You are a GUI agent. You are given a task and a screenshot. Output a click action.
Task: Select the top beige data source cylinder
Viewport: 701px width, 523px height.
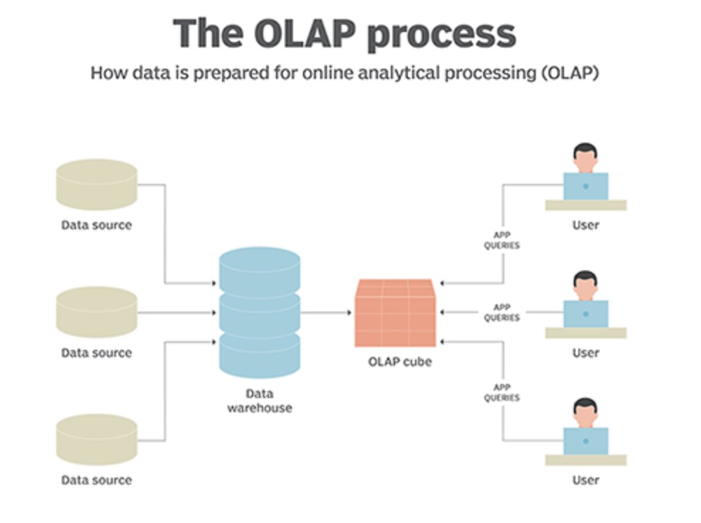pyautogui.click(x=96, y=185)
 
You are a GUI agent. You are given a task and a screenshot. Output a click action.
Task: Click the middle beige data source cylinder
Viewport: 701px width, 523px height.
pyautogui.click(x=96, y=312)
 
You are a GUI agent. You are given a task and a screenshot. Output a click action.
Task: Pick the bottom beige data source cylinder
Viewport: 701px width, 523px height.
pyautogui.click(x=96, y=440)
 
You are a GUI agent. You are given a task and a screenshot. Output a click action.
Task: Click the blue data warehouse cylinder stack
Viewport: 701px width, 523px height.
pyautogui.click(x=260, y=312)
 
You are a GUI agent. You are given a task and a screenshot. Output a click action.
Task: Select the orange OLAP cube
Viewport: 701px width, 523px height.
pyautogui.click(x=395, y=312)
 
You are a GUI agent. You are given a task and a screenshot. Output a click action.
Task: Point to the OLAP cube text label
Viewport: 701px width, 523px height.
pyautogui.click(x=399, y=361)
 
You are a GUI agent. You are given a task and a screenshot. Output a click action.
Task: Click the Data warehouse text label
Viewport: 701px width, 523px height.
pyautogui.click(x=259, y=401)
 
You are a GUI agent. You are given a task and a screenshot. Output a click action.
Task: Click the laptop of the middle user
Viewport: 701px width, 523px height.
pyautogui.click(x=585, y=314)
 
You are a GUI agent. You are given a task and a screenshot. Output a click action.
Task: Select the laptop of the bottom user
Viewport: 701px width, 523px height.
pyautogui.click(x=585, y=441)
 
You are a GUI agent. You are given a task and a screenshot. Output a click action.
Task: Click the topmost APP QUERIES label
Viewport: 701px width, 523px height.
pyautogui.click(x=502, y=241)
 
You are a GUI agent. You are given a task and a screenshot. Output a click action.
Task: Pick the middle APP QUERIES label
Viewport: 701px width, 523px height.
pyautogui.click(x=502, y=313)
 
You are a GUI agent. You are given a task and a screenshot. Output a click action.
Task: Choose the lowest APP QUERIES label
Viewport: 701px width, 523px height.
pyautogui.click(x=502, y=393)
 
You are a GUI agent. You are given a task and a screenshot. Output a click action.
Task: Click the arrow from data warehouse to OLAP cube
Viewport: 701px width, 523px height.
pyautogui.click(x=326, y=312)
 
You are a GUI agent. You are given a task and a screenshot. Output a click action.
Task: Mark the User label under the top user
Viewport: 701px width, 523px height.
pyautogui.click(x=585, y=225)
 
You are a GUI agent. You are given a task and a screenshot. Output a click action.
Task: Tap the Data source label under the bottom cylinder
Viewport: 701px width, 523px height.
pyautogui.click(x=96, y=480)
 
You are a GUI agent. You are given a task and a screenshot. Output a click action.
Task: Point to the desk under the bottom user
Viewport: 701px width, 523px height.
pyautogui.click(x=585, y=461)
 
